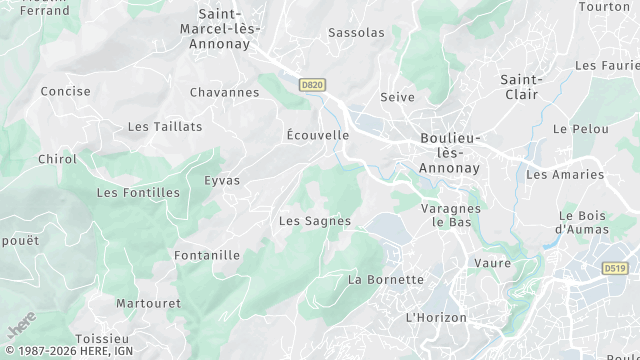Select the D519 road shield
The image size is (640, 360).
(x=614, y=269)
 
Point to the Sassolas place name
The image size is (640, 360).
(x=356, y=33)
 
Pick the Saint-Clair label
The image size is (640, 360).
(x=521, y=87)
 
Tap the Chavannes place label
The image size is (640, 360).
(x=225, y=93)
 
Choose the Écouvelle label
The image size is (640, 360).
(x=317, y=135)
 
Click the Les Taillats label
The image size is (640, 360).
(x=165, y=127)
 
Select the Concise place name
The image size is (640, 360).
(x=66, y=91)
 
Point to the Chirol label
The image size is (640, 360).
(x=57, y=159)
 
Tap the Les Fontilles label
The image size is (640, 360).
(x=138, y=192)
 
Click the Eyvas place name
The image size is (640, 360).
(x=222, y=180)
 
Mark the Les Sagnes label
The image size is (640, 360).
(x=315, y=221)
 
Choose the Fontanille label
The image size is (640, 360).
(x=207, y=255)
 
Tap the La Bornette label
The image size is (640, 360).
(x=386, y=280)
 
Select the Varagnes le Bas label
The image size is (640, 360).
(x=451, y=215)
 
